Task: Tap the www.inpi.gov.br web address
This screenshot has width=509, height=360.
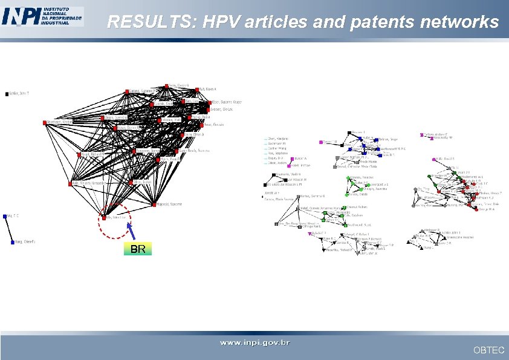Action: coord(254,343)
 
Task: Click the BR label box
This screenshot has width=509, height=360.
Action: coord(138,249)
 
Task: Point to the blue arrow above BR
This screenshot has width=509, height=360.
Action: coord(131,232)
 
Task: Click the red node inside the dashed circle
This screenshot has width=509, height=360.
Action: coord(104,216)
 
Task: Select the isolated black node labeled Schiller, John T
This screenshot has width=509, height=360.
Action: coord(7,94)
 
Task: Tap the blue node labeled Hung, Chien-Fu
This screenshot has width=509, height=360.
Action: coord(12,242)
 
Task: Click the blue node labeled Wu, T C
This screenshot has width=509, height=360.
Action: coord(5,215)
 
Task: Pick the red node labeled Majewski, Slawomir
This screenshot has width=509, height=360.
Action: coord(154,203)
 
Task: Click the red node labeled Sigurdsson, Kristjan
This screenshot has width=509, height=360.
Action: coord(45,122)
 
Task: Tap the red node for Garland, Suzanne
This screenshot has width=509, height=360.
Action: coord(128,91)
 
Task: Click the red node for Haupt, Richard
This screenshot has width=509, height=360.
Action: coord(79,154)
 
